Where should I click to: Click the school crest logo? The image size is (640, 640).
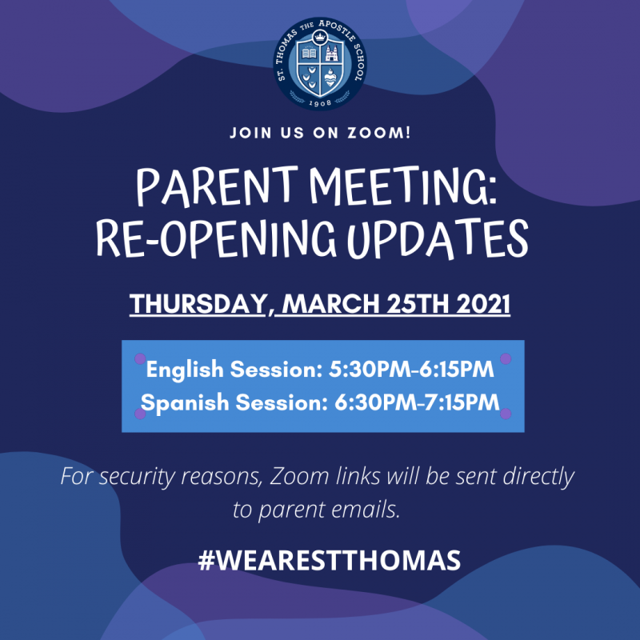[x=319, y=63]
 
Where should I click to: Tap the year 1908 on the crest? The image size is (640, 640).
[x=319, y=103]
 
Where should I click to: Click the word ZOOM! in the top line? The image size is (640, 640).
[x=378, y=133]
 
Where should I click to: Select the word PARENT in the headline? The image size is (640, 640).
[x=217, y=186]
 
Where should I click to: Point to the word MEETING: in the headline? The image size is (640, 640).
[x=403, y=186]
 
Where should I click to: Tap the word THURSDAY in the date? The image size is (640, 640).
[x=198, y=304]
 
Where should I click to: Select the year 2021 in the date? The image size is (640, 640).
[x=483, y=304]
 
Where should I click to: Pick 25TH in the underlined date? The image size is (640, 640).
[x=418, y=304]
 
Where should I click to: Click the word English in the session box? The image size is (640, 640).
[x=185, y=370]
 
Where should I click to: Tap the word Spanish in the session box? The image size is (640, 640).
[x=185, y=402]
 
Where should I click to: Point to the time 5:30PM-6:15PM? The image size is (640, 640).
[x=411, y=369]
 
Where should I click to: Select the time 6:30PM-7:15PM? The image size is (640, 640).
[x=417, y=402]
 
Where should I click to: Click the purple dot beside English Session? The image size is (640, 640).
[x=140, y=358]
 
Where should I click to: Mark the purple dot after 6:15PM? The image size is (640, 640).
[x=506, y=358]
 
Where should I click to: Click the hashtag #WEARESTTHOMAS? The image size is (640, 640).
[x=329, y=560]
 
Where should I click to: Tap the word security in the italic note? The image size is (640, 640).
[x=136, y=477]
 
